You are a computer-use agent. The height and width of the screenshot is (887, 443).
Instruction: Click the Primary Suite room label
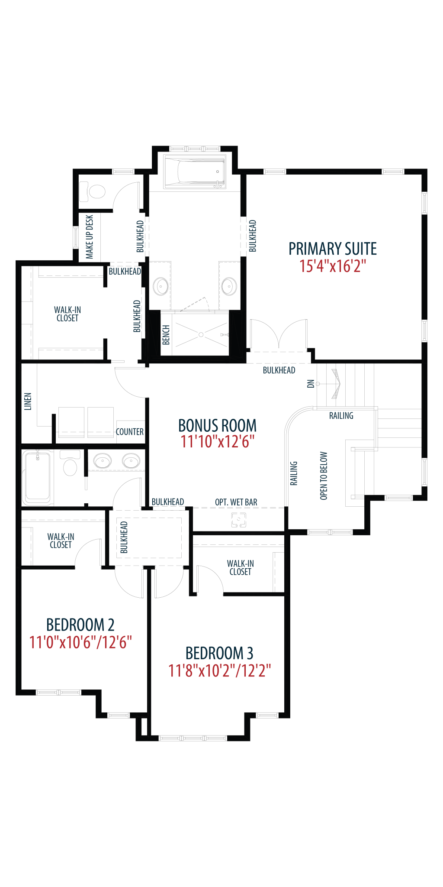333,249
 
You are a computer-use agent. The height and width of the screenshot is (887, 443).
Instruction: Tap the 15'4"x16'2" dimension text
333,266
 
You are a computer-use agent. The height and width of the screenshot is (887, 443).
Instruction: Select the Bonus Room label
217,425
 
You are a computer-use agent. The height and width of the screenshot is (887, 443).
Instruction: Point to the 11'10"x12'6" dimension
217,442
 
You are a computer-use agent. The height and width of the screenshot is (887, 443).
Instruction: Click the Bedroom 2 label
80,625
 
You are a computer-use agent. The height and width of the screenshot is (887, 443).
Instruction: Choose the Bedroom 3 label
219,653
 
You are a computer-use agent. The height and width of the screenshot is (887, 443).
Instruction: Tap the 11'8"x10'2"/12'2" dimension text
219,671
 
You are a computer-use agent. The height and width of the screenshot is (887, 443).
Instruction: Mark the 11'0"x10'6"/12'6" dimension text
80,642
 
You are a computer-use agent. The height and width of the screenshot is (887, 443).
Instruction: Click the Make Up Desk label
90,237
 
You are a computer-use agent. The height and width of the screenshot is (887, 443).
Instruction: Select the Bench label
166,335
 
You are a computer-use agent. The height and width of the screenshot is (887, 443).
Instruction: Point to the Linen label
28,401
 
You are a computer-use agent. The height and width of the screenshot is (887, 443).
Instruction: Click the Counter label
129,432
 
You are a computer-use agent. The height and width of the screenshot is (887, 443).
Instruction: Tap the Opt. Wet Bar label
236,502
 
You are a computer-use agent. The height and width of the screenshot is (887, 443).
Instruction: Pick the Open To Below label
324,476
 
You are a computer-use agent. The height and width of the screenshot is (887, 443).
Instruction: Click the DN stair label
311,384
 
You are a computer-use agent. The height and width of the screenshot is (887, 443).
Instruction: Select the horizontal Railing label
341,416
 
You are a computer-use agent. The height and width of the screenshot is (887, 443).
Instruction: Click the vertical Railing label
294,473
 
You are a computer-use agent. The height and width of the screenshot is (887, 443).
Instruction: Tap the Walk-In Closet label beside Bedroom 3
240,567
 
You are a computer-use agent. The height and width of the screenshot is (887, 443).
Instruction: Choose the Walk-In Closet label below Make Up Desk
67,314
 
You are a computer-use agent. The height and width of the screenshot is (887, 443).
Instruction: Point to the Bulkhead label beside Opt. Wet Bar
167,502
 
